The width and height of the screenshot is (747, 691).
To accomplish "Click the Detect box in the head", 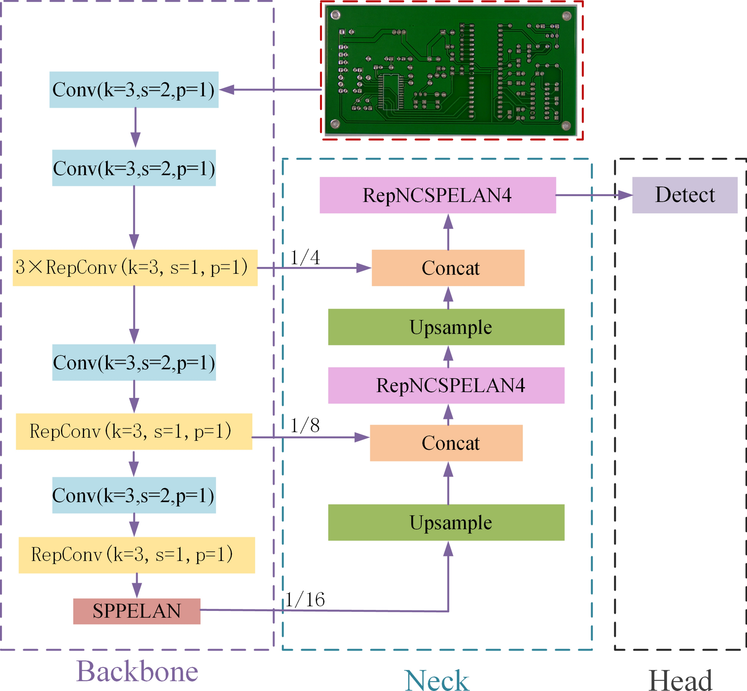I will pyautogui.click(x=684, y=195).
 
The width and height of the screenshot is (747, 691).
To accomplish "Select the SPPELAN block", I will pyautogui.click(x=137, y=611).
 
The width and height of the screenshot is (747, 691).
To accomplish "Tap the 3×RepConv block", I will pyautogui.click(x=135, y=268).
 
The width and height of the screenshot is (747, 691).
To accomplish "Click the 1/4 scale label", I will pyautogui.click(x=305, y=258).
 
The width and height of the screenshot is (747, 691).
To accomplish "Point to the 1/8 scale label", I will pyautogui.click(x=305, y=426).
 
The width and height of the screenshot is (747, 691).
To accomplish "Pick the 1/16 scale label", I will pyautogui.click(x=305, y=600).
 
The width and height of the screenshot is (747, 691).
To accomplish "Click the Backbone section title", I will pyautogui.click(x=137, y=672).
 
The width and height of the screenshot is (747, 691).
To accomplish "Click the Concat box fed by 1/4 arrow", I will pyautogui.click(x=448, y=268).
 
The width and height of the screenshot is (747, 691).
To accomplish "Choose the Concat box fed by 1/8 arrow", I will pyautogui.click(x=446, y=443).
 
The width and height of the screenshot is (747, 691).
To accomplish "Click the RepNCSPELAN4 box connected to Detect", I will pyautogui.click(x=437, y=195).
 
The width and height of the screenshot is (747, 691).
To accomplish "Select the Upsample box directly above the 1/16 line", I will pyautogui.click(x=446, y=522).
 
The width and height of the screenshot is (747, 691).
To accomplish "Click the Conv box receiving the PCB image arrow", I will pyautogui.click(x=134, y=90).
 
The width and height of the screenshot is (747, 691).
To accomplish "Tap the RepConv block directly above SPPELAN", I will pyautogui.click(x=137, y=555).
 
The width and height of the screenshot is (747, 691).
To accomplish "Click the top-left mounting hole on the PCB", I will pyautogui.click(x=335, y=15).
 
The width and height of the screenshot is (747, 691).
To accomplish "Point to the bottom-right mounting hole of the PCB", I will pyautogui.click(x=566, y=125).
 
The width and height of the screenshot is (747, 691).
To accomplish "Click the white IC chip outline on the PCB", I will pyautogui.click(x=392, y=92).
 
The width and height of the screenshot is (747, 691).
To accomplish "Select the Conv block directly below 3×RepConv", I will pyautogui.click(x=134, y=362).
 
